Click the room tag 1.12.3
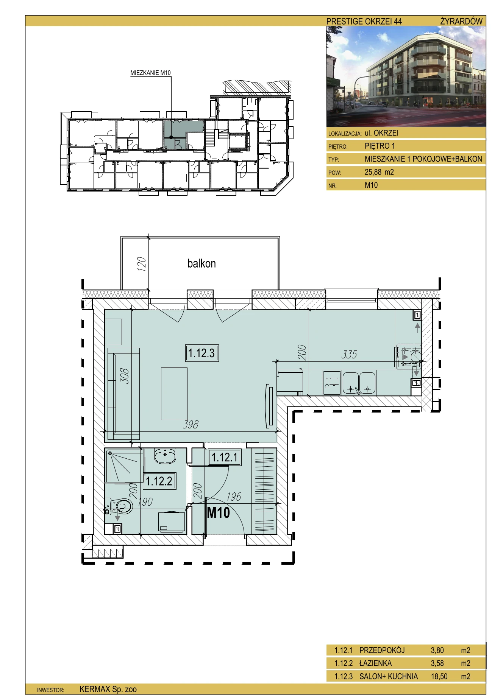pos(201,353)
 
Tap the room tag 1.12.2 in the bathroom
pos(159,481)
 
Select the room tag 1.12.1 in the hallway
pos(225,457)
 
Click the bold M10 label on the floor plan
pos(218,512)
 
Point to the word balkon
pos(201,263)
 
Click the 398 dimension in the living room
pos(190,425)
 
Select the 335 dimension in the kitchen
pos(349,354)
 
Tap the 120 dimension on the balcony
pos(141,264)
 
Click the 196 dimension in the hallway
pos(234,497)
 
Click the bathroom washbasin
pos(165,455)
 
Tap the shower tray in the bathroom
pos(125,466)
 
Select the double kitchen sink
pos(359,383)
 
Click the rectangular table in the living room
pos(174,394)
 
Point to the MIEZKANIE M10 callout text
pos(150,73)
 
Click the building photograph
pos(406,76)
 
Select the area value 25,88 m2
pos(379,172)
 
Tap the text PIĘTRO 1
pos(380,146)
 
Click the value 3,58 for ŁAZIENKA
pos(437,663)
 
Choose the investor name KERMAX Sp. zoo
pos(108,689)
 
